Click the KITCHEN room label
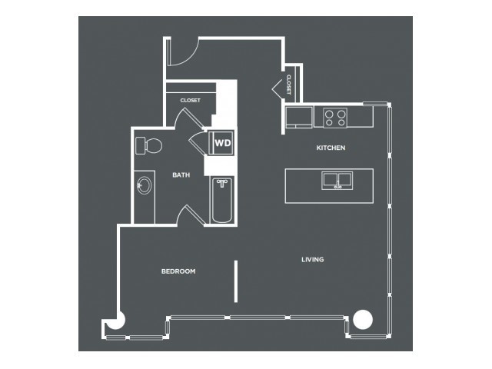331,148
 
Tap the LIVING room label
313,260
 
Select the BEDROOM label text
178,271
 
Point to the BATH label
181,175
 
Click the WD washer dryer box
221,143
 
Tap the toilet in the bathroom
148,145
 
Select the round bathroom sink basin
145,185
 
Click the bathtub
222,200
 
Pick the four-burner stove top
335,118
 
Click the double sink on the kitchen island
337,181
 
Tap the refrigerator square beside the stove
299,117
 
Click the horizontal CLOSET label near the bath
190,101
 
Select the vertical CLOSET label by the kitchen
288,85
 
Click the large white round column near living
363,320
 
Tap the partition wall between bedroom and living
236,281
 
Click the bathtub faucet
222,183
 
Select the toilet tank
140,145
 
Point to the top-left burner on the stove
329,113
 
